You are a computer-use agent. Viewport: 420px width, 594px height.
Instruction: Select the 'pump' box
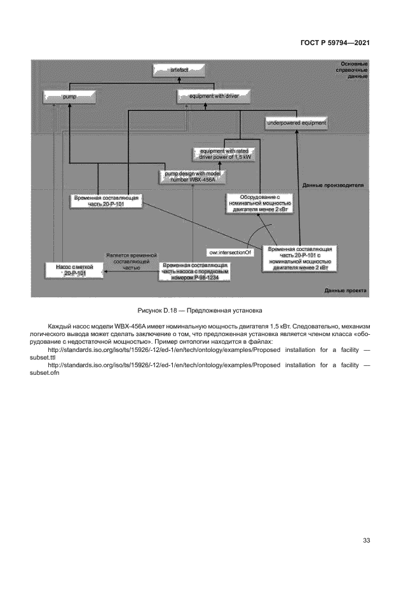[69, 97]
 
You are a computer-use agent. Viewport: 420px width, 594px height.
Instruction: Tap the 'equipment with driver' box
[212, 97]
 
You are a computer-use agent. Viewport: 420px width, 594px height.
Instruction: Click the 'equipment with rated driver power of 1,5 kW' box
[223, 153]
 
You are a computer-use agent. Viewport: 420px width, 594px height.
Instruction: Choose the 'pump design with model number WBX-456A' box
[192, 176]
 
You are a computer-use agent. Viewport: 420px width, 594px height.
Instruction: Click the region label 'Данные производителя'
[332, 186]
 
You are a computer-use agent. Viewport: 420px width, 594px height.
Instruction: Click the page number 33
[366, 540]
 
